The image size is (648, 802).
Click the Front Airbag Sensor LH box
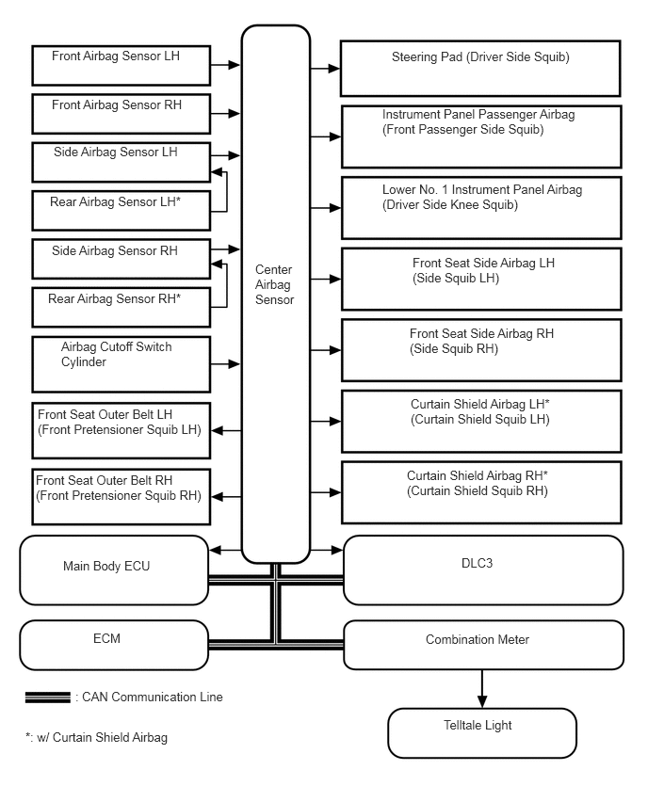coord(121,66)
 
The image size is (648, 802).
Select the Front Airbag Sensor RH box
coord(121,113)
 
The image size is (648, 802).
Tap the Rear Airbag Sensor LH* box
coord(121,210)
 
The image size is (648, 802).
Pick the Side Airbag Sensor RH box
coord(121,260)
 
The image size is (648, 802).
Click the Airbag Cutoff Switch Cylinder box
coord(121,363)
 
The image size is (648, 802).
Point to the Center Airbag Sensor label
coord(274,285)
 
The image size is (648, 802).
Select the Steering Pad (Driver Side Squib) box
coord(480,68)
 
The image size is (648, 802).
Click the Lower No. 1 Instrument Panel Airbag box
coord(480,207)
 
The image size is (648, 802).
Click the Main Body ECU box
coord(114,569)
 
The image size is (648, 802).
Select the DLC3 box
coord(483,569)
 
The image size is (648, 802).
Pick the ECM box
coord(114,645)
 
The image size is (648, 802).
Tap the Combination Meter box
coord(483,645)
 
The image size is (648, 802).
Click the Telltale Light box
coord(481,732)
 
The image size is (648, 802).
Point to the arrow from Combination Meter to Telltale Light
coord(482,688)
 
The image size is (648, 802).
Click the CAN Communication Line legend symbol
coord(48,698)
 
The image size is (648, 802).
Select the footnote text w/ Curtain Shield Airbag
coord(96,738)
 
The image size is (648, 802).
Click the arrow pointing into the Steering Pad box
coord(325,69)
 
